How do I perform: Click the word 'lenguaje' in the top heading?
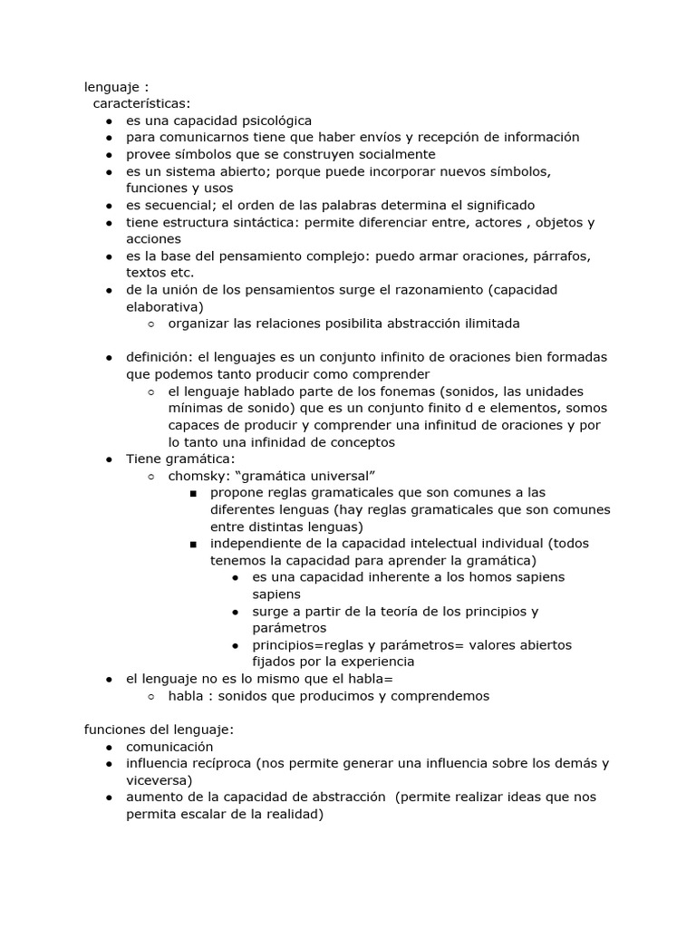[111, 87]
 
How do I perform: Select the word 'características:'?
[141, 103]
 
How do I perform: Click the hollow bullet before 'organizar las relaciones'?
[150, 324]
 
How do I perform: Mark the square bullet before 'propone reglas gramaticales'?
[193, 493]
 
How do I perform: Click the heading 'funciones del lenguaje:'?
[159, 730]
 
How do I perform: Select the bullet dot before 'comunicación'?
[108, 748]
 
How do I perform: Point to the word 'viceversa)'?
[159, 780]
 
